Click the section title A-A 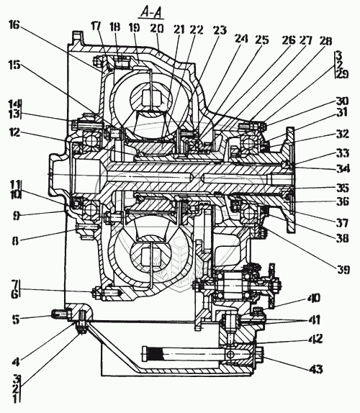click(x=151, y=13)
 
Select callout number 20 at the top click(x=156, y=29)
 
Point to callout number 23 click(x=219, y=30)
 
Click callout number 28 click(x=325, y=41)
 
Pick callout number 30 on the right click(x=342, y=101)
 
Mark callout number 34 click(x=343, y=168)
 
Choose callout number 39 click(x=343, y=269)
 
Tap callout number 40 click(x=313, y=299)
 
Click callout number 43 click(x=315, y=369)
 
